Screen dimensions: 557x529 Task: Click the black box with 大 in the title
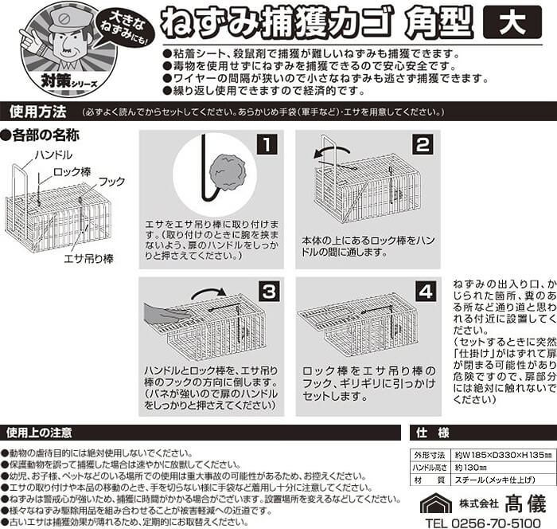[x=512, y=22]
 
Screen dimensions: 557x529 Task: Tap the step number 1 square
[x=267, y=144]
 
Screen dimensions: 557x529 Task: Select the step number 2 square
[x=423, y=144]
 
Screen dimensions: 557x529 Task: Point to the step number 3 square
[x=269, y=292]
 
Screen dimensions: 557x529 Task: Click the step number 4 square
[x=426, y=292]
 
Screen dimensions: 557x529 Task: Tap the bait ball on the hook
[x=228, y=172]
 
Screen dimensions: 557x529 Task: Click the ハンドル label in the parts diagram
[x=53, y=155]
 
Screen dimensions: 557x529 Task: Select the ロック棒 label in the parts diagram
[x=72, y=172]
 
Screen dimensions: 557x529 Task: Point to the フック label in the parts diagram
[x=111, y=182]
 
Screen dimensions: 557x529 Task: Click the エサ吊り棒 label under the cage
[x=88, y=259]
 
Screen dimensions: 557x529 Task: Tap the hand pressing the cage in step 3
[x=166, y=315]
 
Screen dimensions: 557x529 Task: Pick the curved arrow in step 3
[x=208, y=292]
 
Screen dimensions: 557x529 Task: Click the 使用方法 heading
[x=38, y=112]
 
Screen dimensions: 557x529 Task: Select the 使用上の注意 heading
[x=39, y=433]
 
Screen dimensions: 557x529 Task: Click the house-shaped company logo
[x=436, y=503]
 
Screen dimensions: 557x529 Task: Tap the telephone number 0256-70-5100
[x=496, y=523]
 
